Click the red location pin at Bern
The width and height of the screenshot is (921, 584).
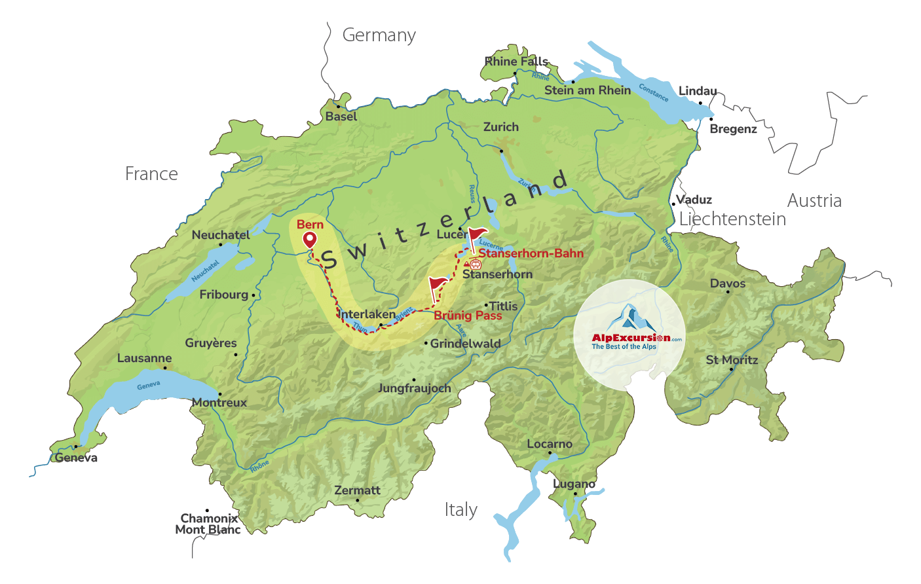(x=309, y=240)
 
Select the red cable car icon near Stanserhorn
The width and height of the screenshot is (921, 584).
(x=475, y=264)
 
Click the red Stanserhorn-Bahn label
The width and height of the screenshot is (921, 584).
(x=531, y=253)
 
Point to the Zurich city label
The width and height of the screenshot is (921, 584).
(x=500, y=127)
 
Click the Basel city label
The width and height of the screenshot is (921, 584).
(x=341, y=117)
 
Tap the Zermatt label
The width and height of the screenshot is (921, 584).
(x=357, y=490)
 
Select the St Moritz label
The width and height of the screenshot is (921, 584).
(x=732, y=360)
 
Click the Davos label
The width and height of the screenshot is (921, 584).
(x=728, y=283)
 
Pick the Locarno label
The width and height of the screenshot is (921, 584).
(x=550, y=444)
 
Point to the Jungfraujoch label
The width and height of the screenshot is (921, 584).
(x=414, y=388)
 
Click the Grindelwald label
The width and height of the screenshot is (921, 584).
(x=465, y=343)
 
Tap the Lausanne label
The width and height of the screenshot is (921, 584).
(x=144, y=358)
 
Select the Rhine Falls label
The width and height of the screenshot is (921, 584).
(x=516, y=62)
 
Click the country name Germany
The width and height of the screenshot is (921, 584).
(x=379, y=35)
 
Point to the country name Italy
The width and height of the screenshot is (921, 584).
(x=460, y=509)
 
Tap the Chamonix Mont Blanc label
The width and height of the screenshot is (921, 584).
(x=208, y=524)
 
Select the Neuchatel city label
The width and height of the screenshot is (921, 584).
(x=221, y=235)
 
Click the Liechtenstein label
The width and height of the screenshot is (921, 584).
(x=732, y=219)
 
